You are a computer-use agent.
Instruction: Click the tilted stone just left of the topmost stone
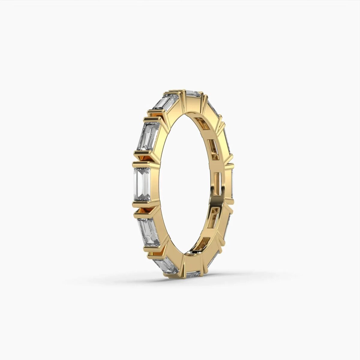[165, 102]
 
